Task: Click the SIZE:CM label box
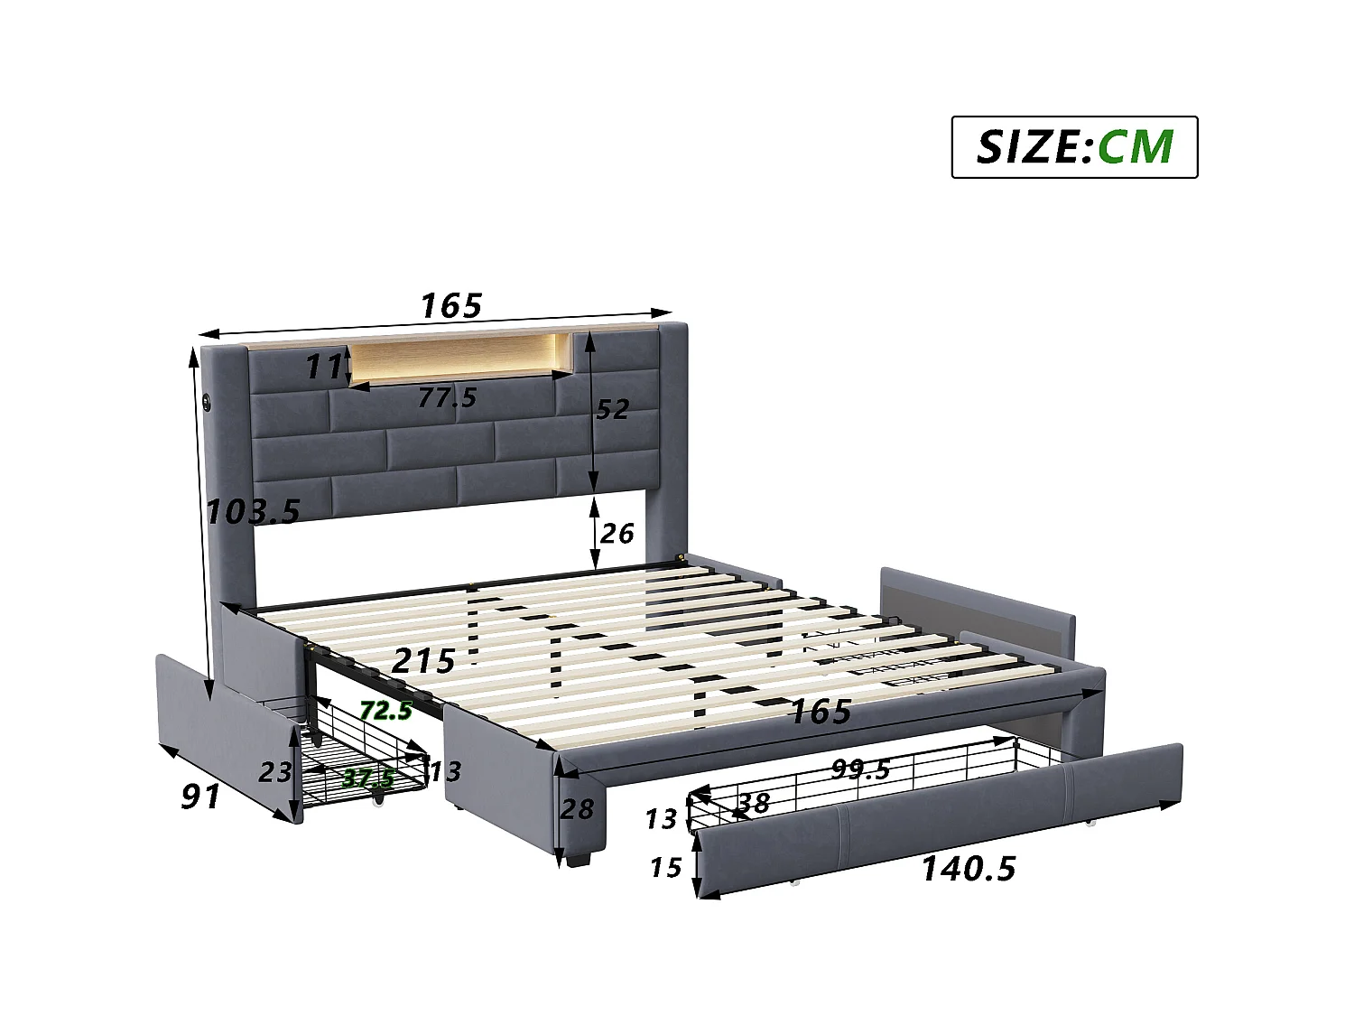[x=1074, y=146]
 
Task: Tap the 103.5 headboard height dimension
[x=253, y=512]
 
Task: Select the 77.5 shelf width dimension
[x=448, y=396]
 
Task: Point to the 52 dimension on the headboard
[x=612, y=409]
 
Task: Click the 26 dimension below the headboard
[x=617, y=534]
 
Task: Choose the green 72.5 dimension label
[x=385, y=710]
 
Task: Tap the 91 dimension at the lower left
[x=200, y=796]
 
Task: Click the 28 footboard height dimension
[x=576, y=808]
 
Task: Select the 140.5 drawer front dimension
[x=968, y=869]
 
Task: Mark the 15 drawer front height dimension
[x=665, y=868]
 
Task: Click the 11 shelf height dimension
[x=322, y=366]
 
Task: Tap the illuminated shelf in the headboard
[x=459, y=359]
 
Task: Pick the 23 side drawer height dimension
[x=274, y=772]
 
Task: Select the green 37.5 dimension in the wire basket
[x=368, y=778]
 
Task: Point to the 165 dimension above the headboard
[x=451, y=305]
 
